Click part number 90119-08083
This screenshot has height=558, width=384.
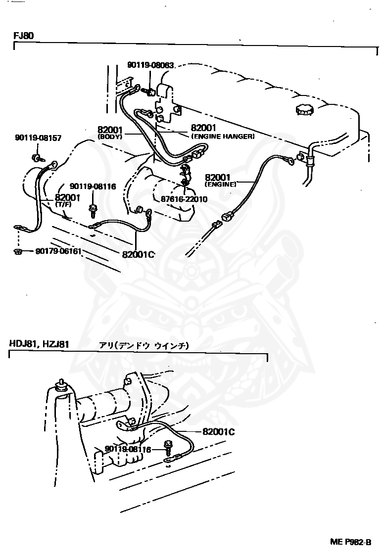pyautogui.click(x=150, y=65)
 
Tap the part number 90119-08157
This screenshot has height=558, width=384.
pyautogui.click(x=38, y=138)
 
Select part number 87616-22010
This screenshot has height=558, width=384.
pyautogui.click(x=184, y=199)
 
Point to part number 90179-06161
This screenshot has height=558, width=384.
pyautogui.click(x=58, y=251)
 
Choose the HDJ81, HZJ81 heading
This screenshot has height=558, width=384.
pyautogui.click(x=39, y=343)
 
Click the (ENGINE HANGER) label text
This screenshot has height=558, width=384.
pyautogui.click(x=222, y=137)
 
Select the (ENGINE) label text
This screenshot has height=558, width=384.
pyautogui.click(x=221, y=184)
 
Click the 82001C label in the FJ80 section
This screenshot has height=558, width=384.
pyautogui.click(x=139, y=254)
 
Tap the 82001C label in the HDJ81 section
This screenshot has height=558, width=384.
pyautogui.click(x=218, y=431)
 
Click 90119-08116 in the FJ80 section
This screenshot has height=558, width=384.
pyautogui.click(x=93, y=186)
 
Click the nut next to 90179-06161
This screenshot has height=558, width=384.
pyautogui.click(x=17, y=251)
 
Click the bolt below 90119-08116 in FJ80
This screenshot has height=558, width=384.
pyautogui.click(x=93, y=210)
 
